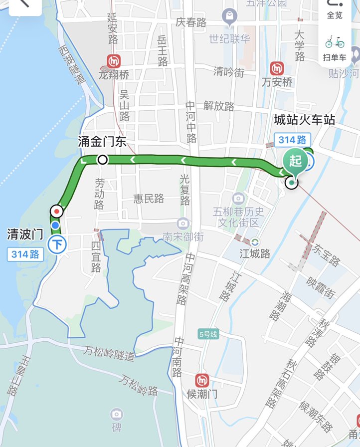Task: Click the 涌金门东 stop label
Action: pyautogui.click(x=102, y=142)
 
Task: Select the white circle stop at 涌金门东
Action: pyautogui.click(x=103, y=160)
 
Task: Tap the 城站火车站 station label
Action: pyautogui.click(x=304, y=120)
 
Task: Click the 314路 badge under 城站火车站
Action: pyautogui.click(x=293, y=140)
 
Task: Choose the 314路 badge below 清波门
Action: pyautogui.click(x=26, y=254)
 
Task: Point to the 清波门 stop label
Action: pyautogui.click(x=25, y=233)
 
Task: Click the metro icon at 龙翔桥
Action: pyautogui.click(x=114, y=62)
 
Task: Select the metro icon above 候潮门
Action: pyautogui.click(x=202, y=380)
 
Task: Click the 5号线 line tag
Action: pyautogui.click(x=207, y=334)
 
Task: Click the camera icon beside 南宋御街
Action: pyautogui.click(x=183, y=223)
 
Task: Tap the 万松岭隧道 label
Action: pyautogui.click(x=109, y=353)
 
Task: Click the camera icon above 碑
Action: pyautogui.click(x=116, y=414)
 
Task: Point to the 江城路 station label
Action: pyautogui.click(x=255, y=254)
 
